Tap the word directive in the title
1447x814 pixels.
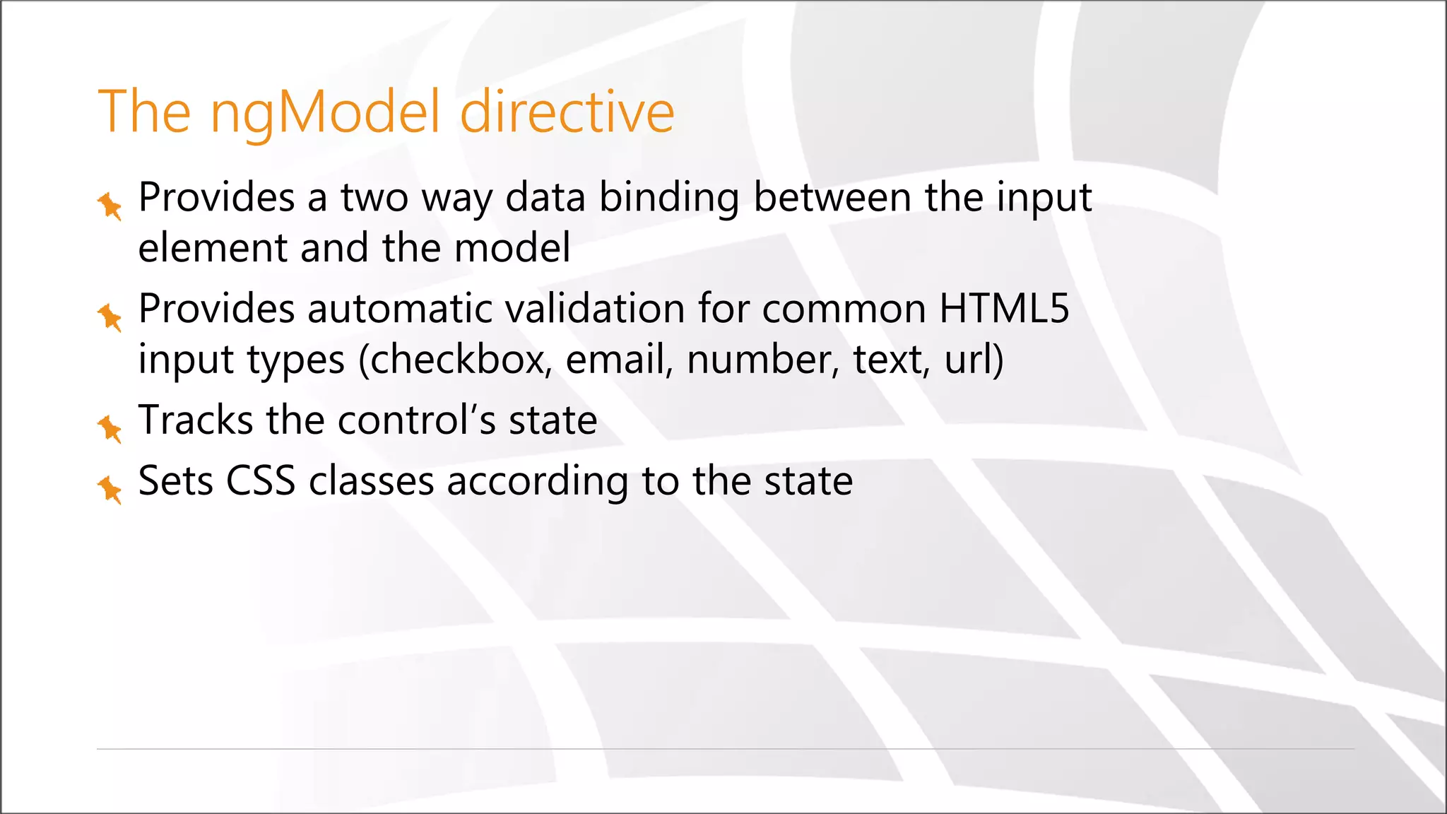(567, 112)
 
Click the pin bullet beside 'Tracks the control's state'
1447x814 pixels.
(110, 428)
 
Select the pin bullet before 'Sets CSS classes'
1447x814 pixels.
(110, 489)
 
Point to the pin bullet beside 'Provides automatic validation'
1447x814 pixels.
(110, 317)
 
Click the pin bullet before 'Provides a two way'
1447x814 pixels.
(110, 206)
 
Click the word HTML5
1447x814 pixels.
(1004, 309)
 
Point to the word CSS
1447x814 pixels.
(260, 481)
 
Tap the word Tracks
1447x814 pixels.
(195, 420)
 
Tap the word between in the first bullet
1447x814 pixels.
(832, 197)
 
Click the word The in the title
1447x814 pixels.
(145, 112)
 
